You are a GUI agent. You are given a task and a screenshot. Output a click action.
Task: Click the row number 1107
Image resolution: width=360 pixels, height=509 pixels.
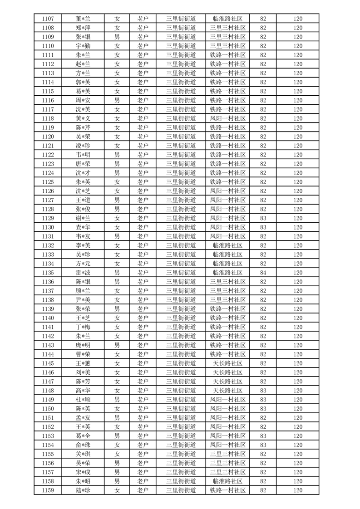click(48, 19)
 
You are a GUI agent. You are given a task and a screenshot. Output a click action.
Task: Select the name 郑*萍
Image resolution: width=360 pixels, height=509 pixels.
click(83, 28)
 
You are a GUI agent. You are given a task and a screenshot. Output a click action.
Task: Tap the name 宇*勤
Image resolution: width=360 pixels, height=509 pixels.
click(83, 46)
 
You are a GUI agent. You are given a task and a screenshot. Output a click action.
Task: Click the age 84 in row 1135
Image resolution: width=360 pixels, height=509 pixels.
click(263, 273)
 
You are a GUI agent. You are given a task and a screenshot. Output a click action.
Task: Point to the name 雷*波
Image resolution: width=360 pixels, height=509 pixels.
click(83, 273)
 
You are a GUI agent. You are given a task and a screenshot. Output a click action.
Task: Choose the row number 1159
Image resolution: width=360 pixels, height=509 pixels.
click(48, 490)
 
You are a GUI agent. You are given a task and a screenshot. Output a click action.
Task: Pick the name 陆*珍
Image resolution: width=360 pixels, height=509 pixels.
click(83, 490)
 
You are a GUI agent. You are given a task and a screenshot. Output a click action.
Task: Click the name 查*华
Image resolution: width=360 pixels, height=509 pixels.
click(83, 227)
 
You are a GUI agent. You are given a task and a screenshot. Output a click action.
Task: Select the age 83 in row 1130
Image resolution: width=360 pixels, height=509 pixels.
click(263, 227)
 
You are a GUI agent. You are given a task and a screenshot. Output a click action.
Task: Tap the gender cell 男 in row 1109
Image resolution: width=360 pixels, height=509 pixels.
click(117, 37)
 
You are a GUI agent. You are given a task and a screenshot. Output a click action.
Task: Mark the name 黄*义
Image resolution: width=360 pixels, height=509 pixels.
click(83, 118)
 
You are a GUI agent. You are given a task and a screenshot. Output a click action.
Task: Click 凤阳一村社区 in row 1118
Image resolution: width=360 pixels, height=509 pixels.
click(228, 118)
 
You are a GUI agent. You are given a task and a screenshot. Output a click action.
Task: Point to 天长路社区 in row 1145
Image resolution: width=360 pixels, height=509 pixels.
click(228, 363)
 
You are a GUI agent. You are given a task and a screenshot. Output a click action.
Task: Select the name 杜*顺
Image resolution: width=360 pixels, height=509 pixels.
click(83, 400)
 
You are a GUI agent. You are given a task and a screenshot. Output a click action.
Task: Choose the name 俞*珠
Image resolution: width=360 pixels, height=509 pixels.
click(83, 445)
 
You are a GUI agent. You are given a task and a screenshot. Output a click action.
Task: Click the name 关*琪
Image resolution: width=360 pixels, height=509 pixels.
click(83, 454)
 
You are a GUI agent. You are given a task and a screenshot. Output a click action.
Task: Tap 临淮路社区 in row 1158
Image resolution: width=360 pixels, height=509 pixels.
click(228, 481)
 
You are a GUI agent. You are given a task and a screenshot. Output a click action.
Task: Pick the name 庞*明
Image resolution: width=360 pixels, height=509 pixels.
click(83, 345)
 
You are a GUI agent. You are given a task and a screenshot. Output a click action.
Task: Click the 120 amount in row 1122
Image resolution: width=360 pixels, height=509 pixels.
click(298, 155)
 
